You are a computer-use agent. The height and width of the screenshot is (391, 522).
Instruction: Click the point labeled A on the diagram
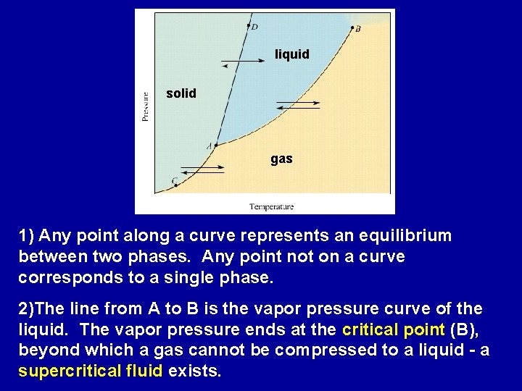pos(215,146)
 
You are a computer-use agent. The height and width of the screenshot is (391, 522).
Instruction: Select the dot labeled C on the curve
pos(176,185)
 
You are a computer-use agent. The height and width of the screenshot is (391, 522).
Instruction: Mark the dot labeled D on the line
pos(248,25)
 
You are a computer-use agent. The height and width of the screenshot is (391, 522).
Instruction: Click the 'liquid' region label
pos(291,54)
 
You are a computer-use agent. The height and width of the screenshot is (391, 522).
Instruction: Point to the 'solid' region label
pos(181,93)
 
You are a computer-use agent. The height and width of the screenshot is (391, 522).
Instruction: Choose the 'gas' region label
pos(281,159)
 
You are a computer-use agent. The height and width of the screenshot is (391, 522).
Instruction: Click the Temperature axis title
pos(271,207)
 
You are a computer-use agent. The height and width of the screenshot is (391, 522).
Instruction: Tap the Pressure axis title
pos(146,104)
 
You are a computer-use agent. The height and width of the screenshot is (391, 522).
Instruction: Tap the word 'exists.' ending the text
pos(194,371)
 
